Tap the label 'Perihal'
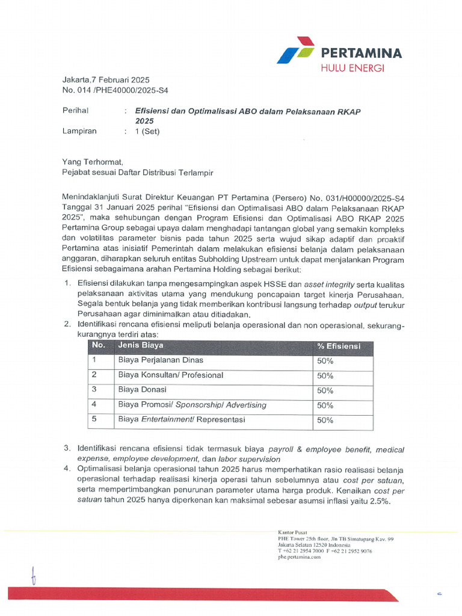coord(75,111)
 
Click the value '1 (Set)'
coord(147,131)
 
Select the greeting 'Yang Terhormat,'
coord(92,162)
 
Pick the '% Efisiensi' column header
coord(339,346)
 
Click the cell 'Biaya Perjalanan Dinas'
coord(161,360)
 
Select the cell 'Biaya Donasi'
coord(142,390)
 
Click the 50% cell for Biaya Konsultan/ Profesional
coord(325,375)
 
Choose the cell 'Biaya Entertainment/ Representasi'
coord(181,420)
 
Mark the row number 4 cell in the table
coord(94,405)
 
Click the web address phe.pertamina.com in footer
coord(300,557)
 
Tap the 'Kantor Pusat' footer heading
coord(292,532)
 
